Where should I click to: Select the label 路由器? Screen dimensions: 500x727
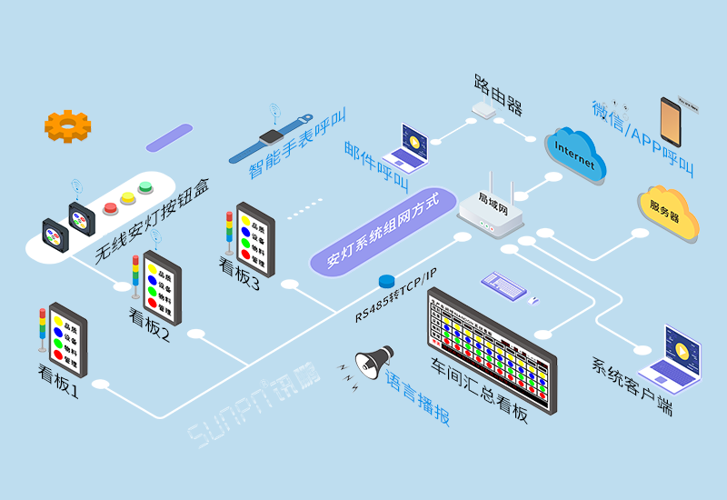(498, 94)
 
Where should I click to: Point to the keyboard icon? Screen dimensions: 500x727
(504, 285)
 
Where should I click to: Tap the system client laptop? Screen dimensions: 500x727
(671, 359)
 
